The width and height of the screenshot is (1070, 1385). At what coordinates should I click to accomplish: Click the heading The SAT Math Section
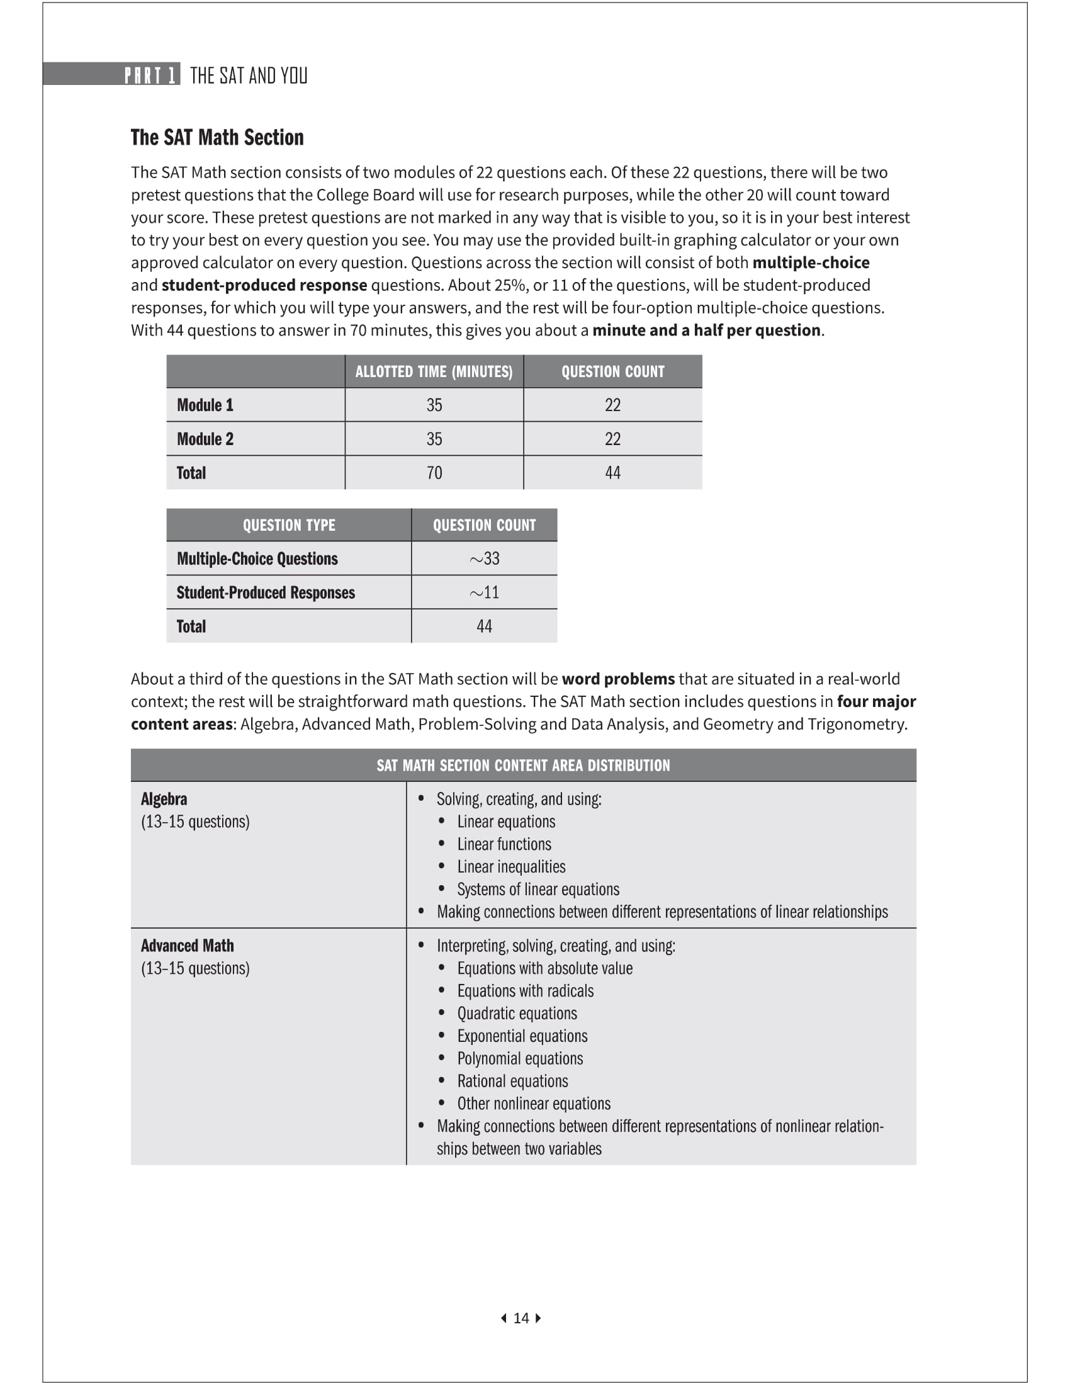click(x=217, y=138)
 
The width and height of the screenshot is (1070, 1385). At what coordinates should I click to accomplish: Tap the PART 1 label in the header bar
click(x=150, y=76)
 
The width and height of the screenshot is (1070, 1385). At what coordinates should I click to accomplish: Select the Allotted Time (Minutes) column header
click(x=434, y=371)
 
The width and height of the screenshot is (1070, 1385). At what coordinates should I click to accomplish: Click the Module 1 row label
click(x=205, y=405)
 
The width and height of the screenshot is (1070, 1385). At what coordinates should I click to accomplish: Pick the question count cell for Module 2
click(x=612, y=439)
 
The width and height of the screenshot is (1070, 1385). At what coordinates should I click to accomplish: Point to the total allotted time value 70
click(x=434, y=473)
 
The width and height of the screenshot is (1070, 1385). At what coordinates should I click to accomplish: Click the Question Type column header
click(x=289, y=525)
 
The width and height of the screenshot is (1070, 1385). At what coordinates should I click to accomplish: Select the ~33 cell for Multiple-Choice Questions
click(x=484, y=558)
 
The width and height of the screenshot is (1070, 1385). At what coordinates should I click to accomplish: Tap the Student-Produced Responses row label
click(x=266, y=593)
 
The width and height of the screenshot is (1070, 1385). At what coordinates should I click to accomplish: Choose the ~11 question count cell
click(x=484, y=593)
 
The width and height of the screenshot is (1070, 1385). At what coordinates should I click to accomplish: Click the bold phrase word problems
click(x=618, y=679)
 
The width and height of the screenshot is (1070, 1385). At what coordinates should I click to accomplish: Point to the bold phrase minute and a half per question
click(x=706, y=331)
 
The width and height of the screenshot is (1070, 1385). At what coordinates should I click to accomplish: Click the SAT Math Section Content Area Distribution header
click(x=523, y=766)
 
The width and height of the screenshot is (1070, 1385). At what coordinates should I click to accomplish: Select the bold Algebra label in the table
click(x=164, y=799)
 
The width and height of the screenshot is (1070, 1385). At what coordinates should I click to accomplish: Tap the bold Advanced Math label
click(x=187, y=946)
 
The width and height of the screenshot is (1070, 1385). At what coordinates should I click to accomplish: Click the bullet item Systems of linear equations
click(x=538, y=889)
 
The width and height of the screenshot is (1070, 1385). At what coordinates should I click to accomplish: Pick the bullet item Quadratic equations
click(x=517, y=1014)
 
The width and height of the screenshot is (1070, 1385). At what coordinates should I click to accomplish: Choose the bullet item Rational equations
click(x=513, y=1081)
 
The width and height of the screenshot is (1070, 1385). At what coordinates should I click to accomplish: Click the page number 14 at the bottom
click(x=521, y=1318)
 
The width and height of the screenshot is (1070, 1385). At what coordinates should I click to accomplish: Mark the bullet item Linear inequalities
click(x=512, y=867)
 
